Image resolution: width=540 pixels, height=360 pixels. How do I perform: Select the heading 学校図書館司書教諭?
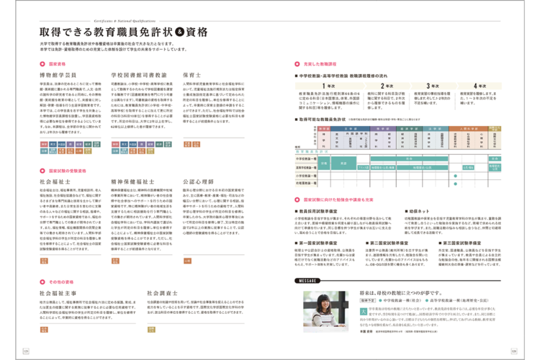139,74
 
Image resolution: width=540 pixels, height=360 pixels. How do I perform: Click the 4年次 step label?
490,85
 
